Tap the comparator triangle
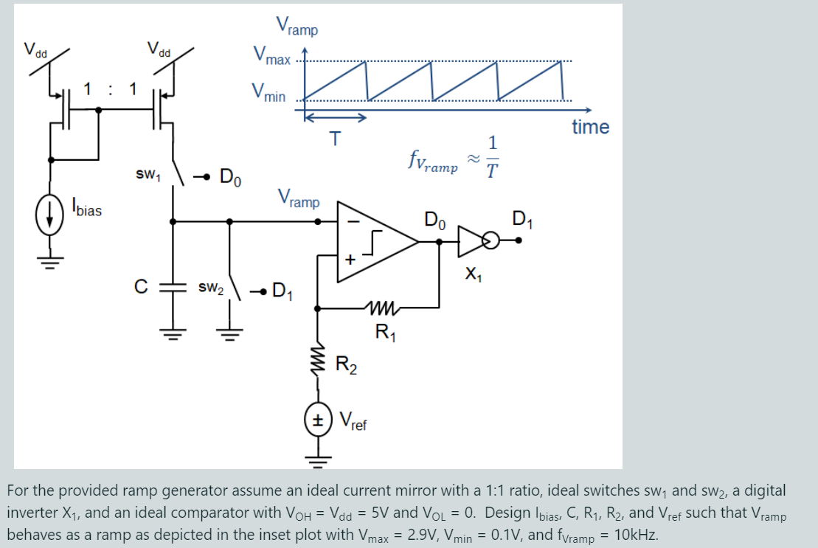click(372, 240)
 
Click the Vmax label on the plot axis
click(271, 56)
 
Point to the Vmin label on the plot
click(268, 93)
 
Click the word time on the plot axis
click(590, 127)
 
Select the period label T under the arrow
click(336, 138)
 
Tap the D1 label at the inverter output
click(521, 219)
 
